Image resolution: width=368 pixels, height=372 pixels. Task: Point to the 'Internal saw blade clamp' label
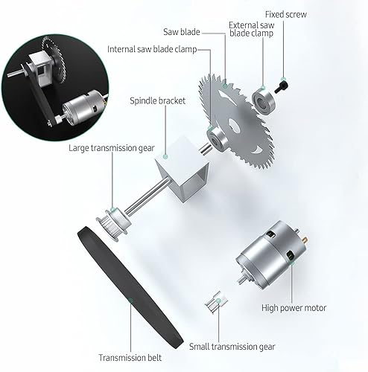(x=153, y=50)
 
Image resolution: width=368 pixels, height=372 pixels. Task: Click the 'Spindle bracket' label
(x=156, y=100)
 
